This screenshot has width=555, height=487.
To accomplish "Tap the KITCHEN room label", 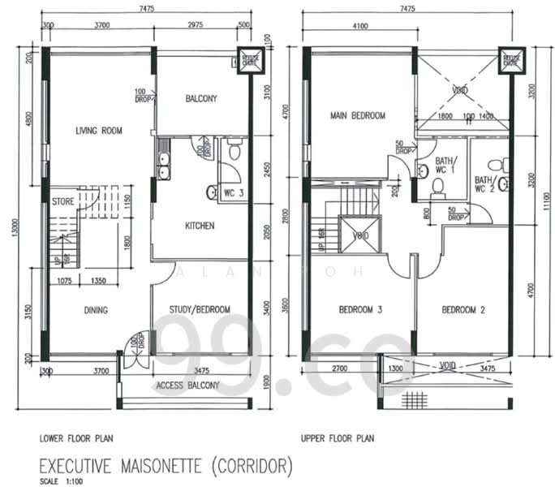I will click(200, 226).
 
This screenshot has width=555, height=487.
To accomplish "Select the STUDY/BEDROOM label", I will click(200, 309).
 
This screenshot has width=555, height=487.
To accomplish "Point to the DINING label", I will click(95, 309).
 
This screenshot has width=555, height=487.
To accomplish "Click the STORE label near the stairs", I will click(63, 200).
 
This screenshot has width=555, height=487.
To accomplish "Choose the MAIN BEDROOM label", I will click(357, 116).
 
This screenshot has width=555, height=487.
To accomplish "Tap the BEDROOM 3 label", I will click(358, 309).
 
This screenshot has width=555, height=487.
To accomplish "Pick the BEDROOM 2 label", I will click(462, 309).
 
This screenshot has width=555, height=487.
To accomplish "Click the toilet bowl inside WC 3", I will click(234, 150).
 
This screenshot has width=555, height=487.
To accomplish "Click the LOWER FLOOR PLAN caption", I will click(77, 439).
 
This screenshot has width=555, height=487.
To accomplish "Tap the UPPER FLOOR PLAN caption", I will click(337, 439).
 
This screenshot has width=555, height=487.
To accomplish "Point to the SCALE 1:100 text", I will click(59, 481).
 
